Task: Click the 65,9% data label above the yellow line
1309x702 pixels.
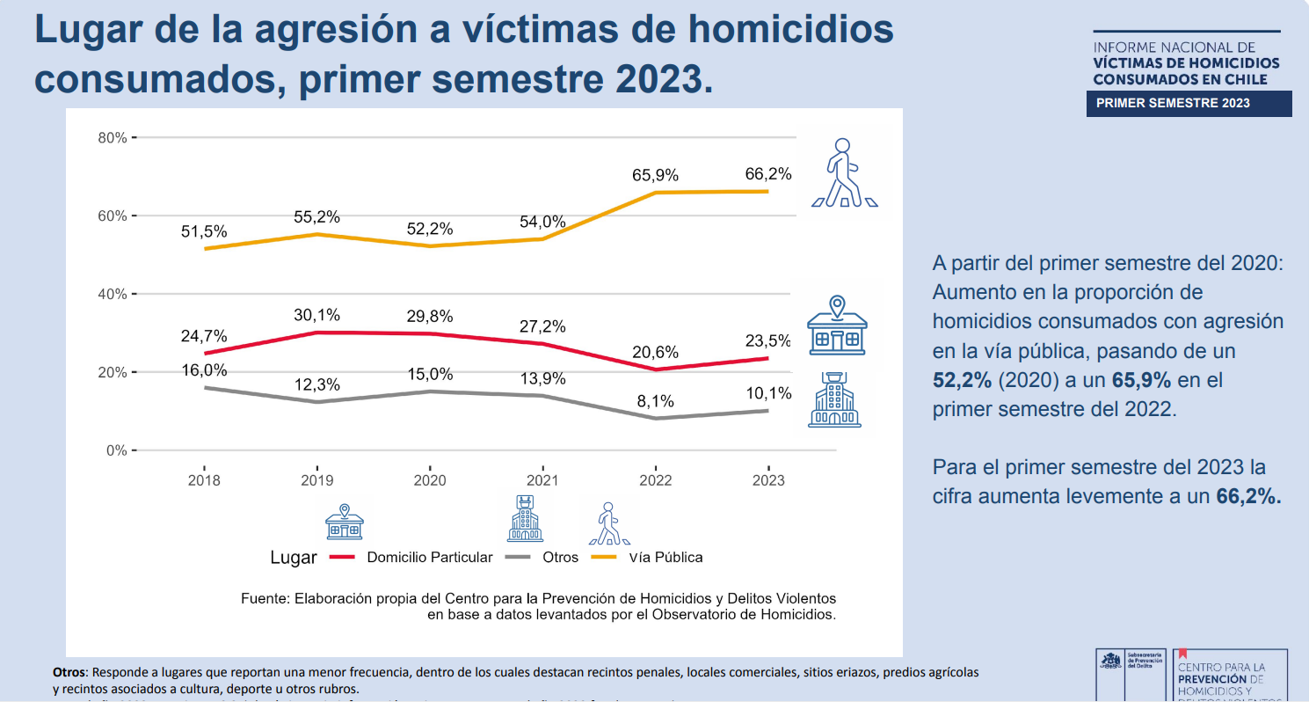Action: click(656, 175)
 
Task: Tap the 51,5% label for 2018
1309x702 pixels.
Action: click(204, 231)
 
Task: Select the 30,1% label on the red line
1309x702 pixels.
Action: click(317, 315)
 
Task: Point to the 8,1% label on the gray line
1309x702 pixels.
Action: click(656, 401)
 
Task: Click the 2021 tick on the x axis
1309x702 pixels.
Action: click(542, 480)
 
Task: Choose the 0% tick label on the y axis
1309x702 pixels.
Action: click(116, 450)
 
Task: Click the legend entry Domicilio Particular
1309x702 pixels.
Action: click(429, 557)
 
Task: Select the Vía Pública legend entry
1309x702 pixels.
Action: click(665, 557)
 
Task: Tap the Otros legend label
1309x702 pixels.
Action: click(560, 557)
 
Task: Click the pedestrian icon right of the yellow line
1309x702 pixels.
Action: click(844, 173)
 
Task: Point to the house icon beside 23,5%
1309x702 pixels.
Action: click(837, 325)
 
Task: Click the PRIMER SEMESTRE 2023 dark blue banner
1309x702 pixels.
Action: click(1173, 103)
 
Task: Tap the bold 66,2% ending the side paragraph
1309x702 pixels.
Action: click(1248, 496)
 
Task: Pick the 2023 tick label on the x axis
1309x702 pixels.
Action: click(769, 480)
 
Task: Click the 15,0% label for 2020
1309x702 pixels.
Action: click(431, 374)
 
